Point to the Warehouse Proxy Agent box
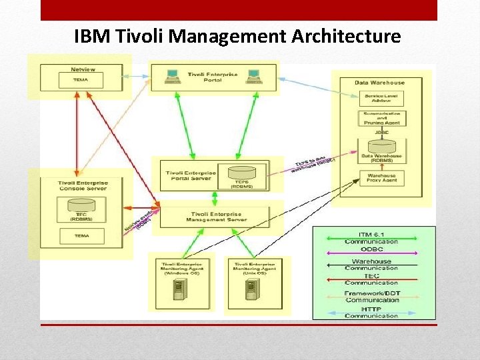point(381,177)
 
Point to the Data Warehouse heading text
point(379,82)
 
